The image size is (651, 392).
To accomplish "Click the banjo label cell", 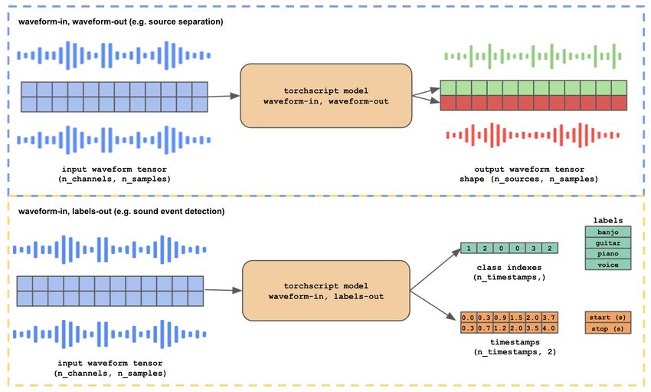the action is coord(608,232).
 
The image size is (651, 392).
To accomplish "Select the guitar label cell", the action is coord(608,242).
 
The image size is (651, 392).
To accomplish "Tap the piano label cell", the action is coord(608,254).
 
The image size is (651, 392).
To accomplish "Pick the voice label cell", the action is coord(608,265).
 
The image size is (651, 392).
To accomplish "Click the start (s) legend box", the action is coord(608,317).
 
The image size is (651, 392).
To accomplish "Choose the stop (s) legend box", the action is coord(608,328).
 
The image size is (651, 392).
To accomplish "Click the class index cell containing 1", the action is coord(469,249).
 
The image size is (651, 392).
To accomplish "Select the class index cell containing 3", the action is coord(534,249).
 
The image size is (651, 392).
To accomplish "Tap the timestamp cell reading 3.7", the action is coord(549,318).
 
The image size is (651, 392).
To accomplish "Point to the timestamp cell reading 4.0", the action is coord(549,328).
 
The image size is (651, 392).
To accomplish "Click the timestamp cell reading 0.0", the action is coord(468,318).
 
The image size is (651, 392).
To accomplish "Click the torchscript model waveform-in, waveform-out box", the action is coord(326,96).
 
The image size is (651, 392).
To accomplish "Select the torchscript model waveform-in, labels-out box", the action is coord(326,291).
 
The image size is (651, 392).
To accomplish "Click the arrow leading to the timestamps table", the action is coord(433,305).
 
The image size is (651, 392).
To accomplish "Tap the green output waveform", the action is coord(533,56).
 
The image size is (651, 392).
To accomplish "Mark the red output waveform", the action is coord(533,135).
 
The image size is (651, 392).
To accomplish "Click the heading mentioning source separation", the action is coord(120,21).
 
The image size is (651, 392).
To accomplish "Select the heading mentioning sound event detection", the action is coord(121,211).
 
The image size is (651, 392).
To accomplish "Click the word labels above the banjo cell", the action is coord(608,220).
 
